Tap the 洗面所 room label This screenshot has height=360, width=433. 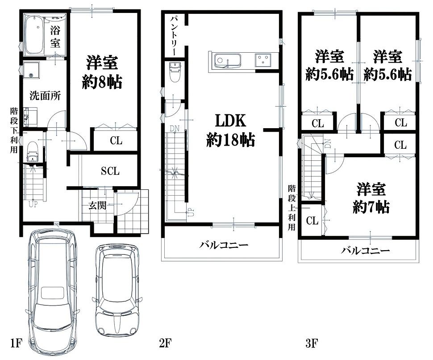point(45,96)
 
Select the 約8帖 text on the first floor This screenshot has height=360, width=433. point(102,82)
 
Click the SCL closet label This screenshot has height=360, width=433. point(110,171)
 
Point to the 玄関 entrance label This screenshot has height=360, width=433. point(97,205)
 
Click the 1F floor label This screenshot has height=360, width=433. point(16,343)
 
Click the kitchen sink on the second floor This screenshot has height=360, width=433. point(228,60)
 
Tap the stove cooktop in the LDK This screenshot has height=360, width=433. point(263,60)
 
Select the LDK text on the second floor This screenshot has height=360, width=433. point(231,121)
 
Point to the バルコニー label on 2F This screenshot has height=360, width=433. point(224,245)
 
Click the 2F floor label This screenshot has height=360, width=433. point(166,343)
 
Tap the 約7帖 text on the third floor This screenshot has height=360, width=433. point(371,207)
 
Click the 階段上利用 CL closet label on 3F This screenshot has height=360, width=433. point(312,221)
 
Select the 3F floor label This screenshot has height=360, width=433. point(312,343)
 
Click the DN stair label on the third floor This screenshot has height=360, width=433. point(328,143)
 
